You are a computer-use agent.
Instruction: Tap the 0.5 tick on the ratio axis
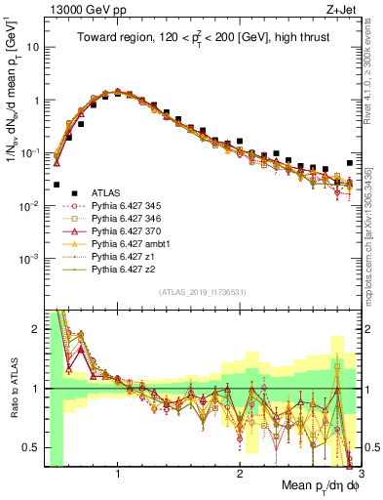click(x=31, y=447)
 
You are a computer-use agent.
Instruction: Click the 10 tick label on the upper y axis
click(x=31, y=47)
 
